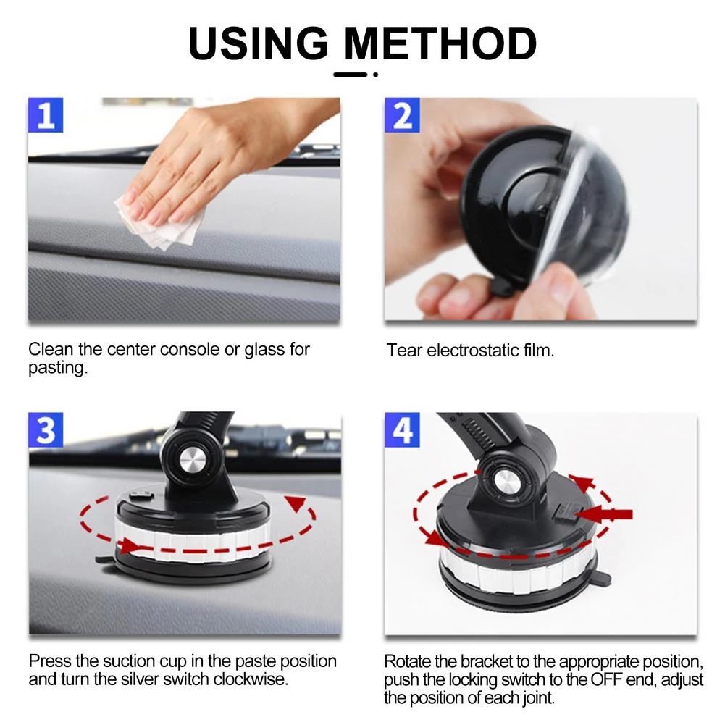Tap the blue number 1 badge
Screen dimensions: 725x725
(46, 115)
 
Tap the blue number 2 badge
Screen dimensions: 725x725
(402, 115)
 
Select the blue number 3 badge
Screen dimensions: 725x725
(46, 430)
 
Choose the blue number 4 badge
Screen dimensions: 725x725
(402, 430)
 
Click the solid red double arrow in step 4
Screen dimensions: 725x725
(605, 514)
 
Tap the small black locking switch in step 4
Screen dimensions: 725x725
(565, 512)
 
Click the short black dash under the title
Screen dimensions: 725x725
(351, 75)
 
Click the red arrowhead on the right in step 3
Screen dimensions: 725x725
(295, 503)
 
